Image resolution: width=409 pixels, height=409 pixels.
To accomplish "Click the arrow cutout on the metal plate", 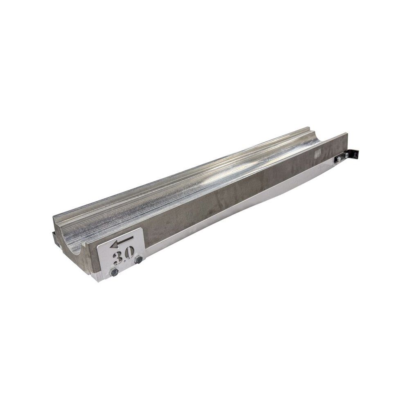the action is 121,242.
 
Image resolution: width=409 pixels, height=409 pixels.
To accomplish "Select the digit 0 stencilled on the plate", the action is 130,252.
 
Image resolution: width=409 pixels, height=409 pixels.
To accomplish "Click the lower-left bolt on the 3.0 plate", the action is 114,272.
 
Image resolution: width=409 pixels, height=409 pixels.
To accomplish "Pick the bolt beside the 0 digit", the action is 139,260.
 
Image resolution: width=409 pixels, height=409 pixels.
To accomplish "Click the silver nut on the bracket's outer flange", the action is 346,155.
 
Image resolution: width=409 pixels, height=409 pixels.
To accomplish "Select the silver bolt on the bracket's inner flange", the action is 339,159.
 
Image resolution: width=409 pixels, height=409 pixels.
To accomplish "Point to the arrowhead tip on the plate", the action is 110,245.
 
